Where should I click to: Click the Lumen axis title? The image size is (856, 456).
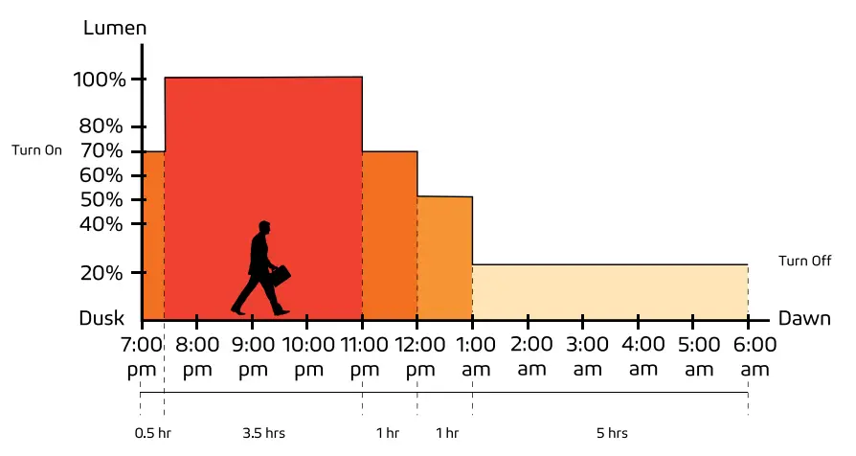(x=115, y=28)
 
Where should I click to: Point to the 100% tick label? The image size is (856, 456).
(x=100, y=80)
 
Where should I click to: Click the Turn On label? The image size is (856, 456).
(x=36, y=150)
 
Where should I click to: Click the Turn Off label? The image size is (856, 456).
(x=804, y=262)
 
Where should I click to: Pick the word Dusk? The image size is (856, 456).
(x=101, y=319)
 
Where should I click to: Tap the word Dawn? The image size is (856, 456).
(x=804, y=319)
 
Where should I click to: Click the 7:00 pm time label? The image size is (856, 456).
(x=141, y=355)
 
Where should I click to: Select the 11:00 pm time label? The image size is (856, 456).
(x=362, y=355)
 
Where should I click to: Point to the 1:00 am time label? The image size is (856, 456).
(x=473, y=355)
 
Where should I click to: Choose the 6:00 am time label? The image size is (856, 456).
(x=748, y=355)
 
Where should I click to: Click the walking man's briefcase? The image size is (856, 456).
(x=280, y=276)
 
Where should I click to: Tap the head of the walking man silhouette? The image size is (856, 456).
(x=263, y=228)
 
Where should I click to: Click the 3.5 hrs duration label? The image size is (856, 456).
(x=262, y=433)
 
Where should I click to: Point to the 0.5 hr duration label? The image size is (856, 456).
(x=151, y=433)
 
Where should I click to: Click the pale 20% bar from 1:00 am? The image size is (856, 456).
(x=609, y=292)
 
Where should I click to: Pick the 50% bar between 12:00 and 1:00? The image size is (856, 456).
(x=444, y=259)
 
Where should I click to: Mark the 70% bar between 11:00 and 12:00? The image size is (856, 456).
(x=389, y=236)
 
